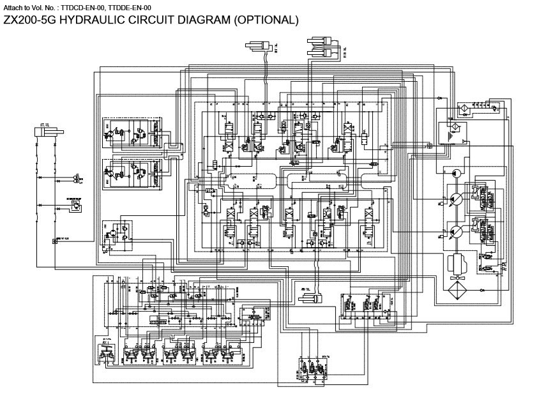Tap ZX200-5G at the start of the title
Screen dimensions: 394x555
pos(27,20)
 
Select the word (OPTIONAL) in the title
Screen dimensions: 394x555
pos(264,20)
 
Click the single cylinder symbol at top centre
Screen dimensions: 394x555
pos(259,45)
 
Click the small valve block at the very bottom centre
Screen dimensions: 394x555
pos(314,369)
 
